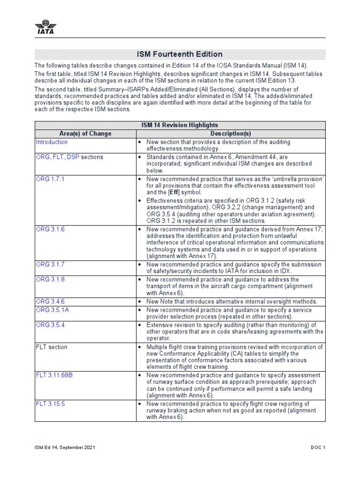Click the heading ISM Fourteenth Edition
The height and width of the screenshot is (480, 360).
(x=180, y=54)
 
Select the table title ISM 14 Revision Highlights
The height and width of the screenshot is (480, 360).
(x=180, y=125)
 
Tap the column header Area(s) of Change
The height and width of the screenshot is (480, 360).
(x=85, y=134)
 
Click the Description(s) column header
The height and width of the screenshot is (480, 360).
(x=230, y=134)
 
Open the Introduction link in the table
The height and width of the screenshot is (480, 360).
(x=52, y=142)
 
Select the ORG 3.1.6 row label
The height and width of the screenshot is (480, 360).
(x=50, y=229)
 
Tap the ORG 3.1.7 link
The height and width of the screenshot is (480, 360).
(x=50, y=265)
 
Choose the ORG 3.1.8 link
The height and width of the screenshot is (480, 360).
(x=50, y=279)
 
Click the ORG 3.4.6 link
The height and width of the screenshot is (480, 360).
(x=50, y=301)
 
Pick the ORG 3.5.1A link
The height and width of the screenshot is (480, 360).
(x=52, y=310)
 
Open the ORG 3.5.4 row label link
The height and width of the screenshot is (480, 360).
(x=50, y=325)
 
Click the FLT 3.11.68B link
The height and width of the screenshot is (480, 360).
(x=54, y=375)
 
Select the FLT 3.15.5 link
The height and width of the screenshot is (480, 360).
(x=50, y=404)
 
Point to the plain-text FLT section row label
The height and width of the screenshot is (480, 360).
(x=52, y=347)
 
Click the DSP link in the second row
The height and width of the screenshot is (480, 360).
(x=73, y=157)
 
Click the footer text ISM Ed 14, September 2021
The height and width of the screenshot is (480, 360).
(x=65, y=447)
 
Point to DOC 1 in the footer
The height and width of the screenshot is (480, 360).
(x=317, y=447)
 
